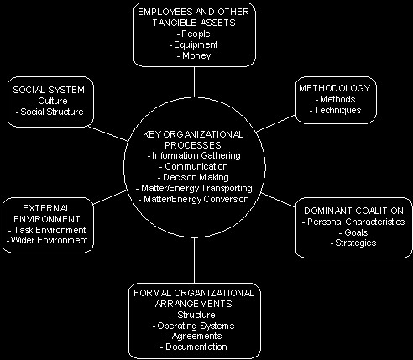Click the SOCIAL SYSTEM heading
[x=49, y=90]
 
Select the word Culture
[x=53, y=101]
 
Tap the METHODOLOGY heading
[x=335, y=88]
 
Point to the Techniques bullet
[x=335, y=110]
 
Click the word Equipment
[x=196, y=44]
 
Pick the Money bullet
[x=194, y=55]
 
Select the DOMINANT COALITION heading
[x=353, y=211]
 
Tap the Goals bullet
[x=353, y=232]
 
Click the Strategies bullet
[x=353, y=243]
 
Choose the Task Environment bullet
[x=47, y=230]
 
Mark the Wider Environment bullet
[x=47, y=240]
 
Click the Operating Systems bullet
[x=193, y=326]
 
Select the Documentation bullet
[x=194, y=347]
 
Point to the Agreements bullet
[x=194, y=336]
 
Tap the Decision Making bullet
[x=193, y=177]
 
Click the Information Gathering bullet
[x=194, y=155]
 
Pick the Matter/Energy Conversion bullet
[x=194, y=199]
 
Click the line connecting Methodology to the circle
[x=275, y=123]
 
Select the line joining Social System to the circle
[x=108, y=133]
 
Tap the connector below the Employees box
[x=194, y=81]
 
